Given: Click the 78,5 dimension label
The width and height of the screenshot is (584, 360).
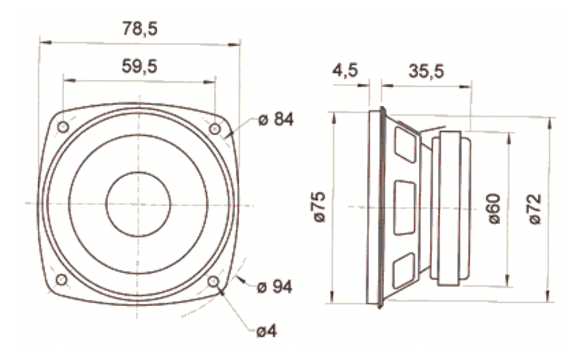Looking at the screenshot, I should [139, 29].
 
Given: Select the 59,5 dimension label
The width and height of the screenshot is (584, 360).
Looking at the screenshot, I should [139, 67].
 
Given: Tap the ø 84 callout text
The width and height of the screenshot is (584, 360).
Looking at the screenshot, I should [276, 120].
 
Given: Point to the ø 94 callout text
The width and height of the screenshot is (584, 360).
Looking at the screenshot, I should [275, 287].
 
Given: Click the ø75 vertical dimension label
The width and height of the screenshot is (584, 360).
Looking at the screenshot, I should [318, 207].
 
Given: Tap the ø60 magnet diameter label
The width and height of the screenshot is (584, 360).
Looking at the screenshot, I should [493, 207].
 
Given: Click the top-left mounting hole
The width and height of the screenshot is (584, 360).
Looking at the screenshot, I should [64, 127].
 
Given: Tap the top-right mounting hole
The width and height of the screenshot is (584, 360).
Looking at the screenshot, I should [215, 129].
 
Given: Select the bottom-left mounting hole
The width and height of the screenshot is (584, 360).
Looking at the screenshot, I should [62, 280].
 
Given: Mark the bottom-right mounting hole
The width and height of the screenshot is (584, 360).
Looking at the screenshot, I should [214, 281].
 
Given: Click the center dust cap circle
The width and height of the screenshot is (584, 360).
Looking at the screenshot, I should [139, 204].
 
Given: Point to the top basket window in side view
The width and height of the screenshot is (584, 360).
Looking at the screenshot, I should [404, 145].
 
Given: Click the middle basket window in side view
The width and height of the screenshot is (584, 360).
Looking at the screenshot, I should [404, 207].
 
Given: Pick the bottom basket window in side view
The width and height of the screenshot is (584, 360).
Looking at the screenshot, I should [404, 269].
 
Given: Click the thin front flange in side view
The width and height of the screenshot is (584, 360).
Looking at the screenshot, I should [379, 207].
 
